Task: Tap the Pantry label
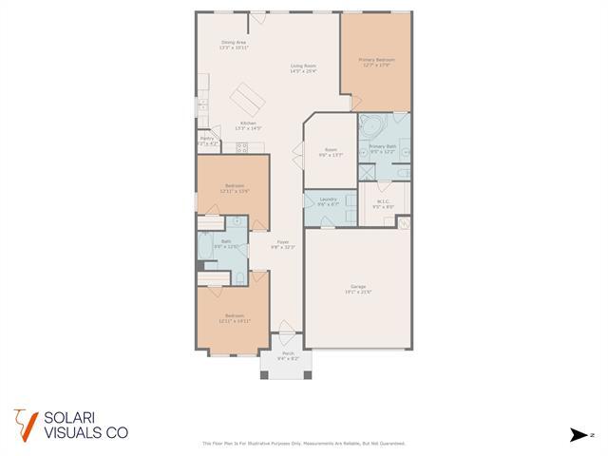[x=207, y=140]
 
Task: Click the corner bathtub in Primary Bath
[x=371, y=125]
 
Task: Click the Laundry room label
[x=329, y=201]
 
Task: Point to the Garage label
[x=358, y=288]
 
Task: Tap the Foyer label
[x=283, y=244]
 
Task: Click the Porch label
[x=288, y=356]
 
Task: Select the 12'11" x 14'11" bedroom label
[x=235, y=318]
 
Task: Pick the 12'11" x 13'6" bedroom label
[x=235, y=187]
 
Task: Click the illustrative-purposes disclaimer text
[x=304, y=444]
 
